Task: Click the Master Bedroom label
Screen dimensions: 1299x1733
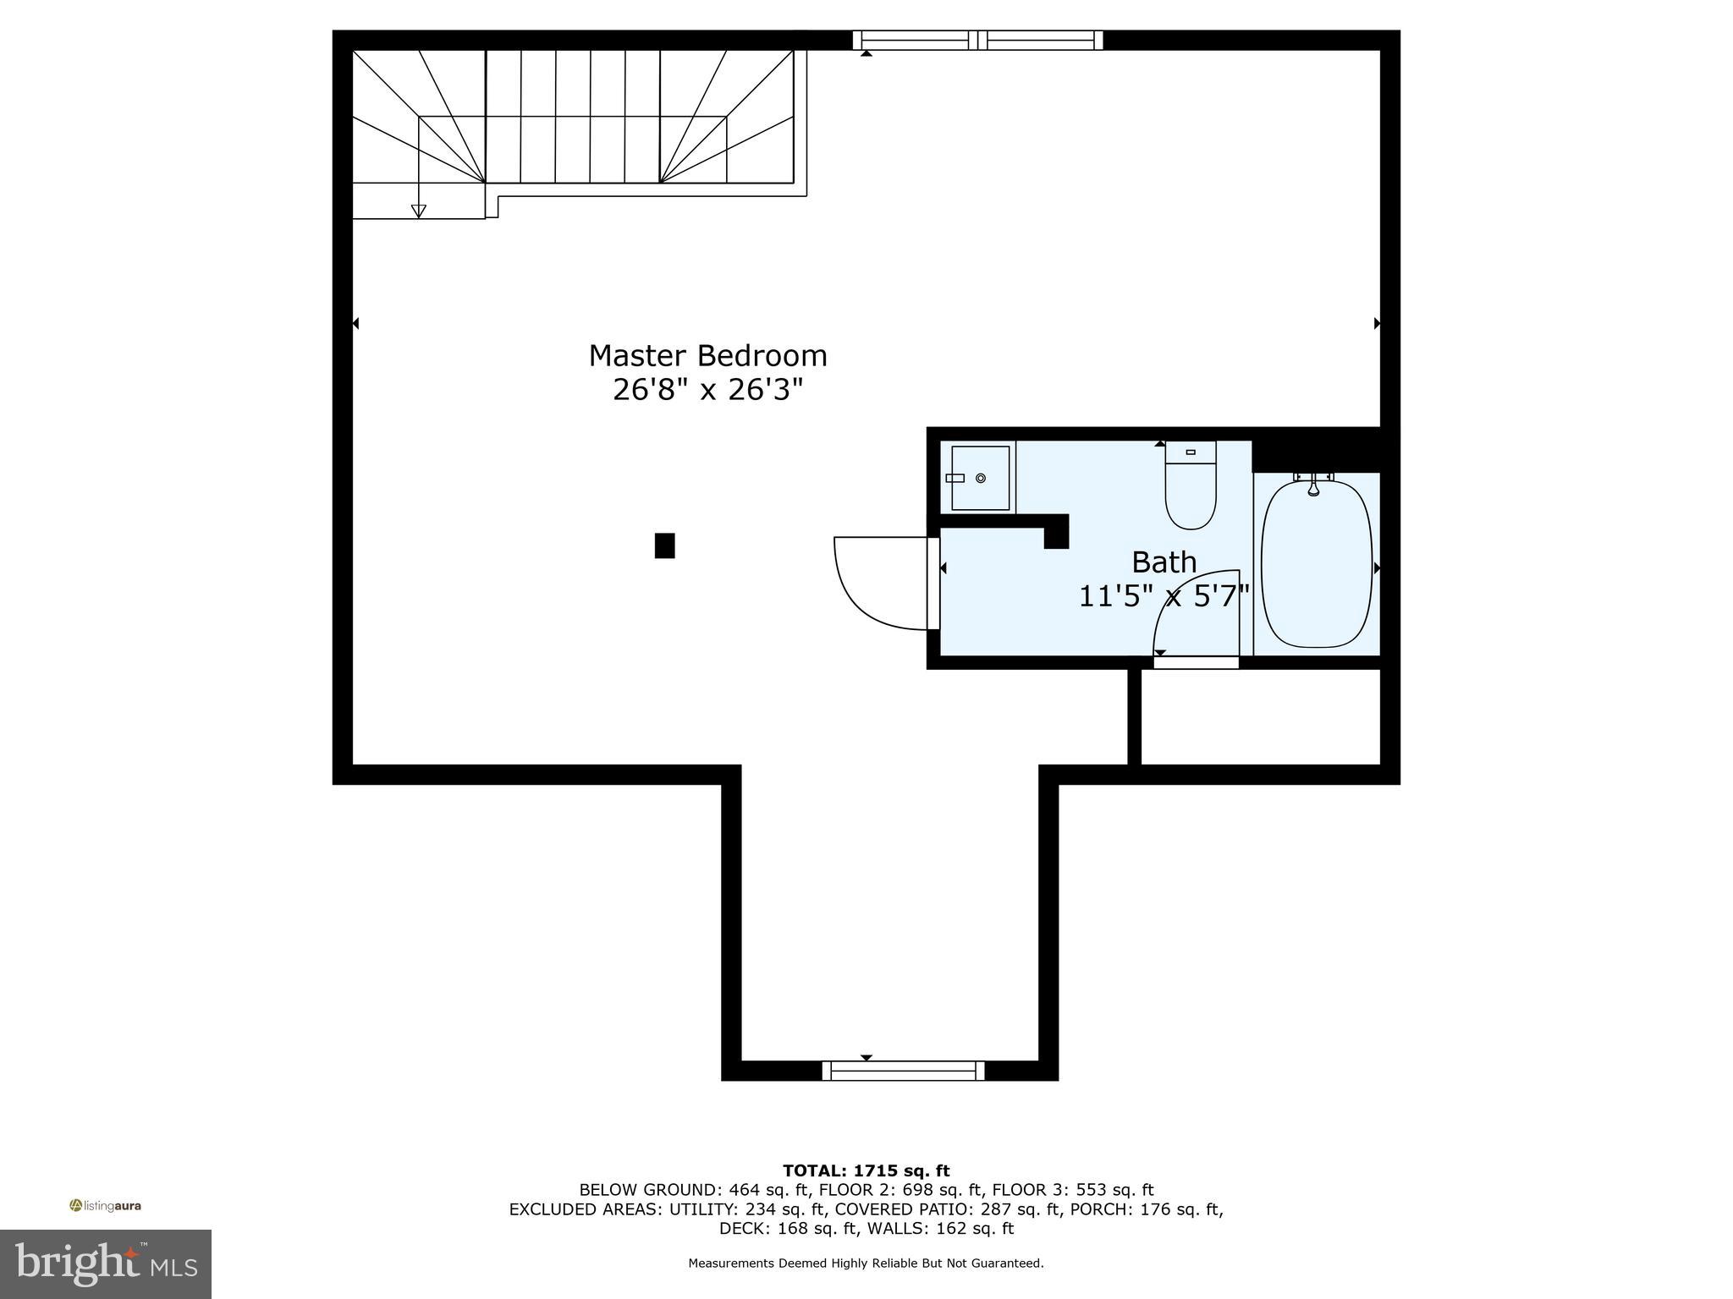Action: pos(707,355)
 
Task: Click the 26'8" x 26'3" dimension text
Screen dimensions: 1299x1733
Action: pos(707,390)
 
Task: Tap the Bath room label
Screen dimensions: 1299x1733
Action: pos(1164,562)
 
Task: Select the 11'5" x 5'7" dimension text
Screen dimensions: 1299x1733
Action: pos(1164,596)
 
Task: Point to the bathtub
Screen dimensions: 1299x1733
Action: pos(1316,564)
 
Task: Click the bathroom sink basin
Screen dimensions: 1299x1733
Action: pos(980,479)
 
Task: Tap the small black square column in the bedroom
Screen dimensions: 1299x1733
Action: pos(664,545)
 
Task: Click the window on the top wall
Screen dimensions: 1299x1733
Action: pos(977,40)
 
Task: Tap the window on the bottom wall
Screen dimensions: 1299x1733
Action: pos(903,1071)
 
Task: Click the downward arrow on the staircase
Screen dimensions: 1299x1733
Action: pos(418,211)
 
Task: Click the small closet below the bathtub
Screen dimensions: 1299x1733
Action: pos(1261,716)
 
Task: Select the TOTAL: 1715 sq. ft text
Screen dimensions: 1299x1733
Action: pos(866,1170)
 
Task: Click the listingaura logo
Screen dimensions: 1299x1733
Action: pos(105,1205)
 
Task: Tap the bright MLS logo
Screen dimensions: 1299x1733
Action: pos(105,1263)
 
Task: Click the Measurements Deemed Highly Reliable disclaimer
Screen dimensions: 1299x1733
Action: pos(866,1263)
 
